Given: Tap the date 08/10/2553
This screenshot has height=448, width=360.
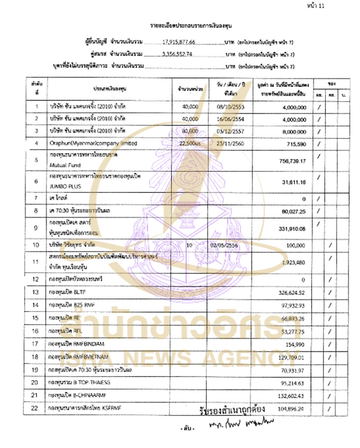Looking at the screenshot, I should tap(230, 107).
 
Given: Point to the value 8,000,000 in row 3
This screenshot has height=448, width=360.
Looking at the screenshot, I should tap(292, 131).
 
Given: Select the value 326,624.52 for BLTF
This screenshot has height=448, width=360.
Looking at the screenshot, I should tap(290, 292).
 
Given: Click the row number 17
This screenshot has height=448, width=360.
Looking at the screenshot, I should tap(36, 343).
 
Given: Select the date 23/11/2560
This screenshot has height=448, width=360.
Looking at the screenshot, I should tap(230, 143).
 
